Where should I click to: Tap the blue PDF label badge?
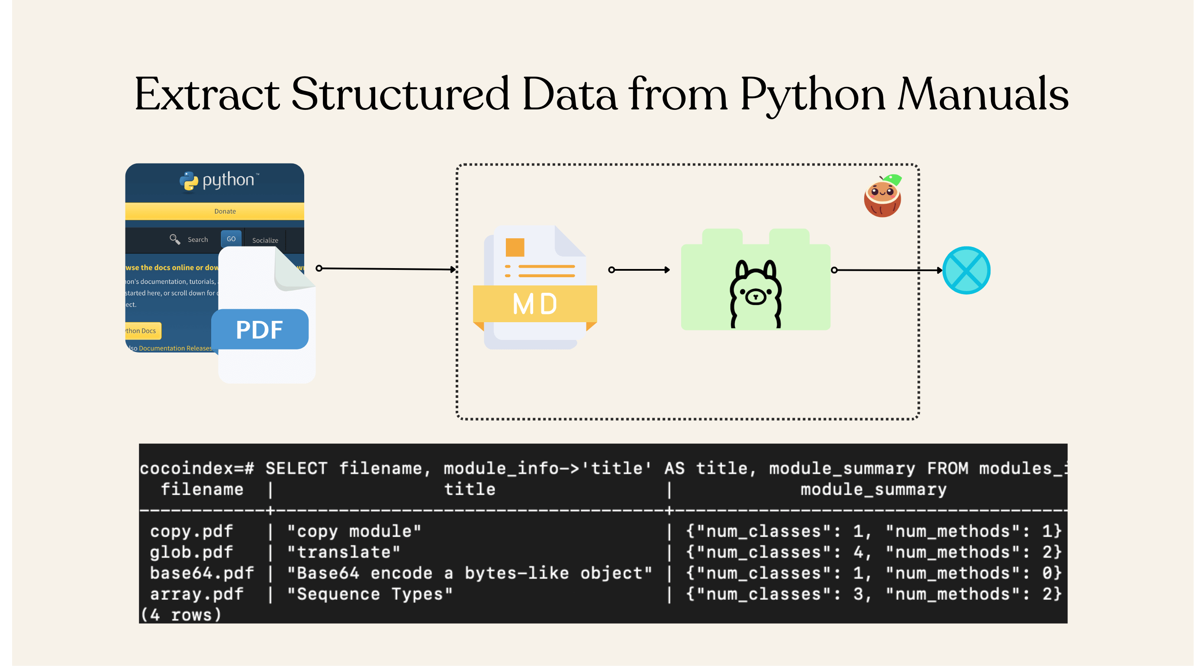tap(260, 330)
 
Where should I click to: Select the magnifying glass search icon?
tap(175, 239)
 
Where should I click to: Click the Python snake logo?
tap(189, 181)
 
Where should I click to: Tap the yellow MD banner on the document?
tap(535, 304)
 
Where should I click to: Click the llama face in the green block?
tap(755, 294)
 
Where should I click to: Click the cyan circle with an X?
tap(966, 270)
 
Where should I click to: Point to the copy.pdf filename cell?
tap(191, 531)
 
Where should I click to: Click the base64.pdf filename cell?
tap(202, 573)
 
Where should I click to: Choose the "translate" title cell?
tap(344, 552)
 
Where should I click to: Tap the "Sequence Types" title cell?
tap(370, 594)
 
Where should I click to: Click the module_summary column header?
tap(873, 489)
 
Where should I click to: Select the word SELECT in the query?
tap(296, 468)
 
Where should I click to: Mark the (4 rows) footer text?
tap(181, 615)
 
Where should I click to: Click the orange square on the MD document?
tap(515, 247)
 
